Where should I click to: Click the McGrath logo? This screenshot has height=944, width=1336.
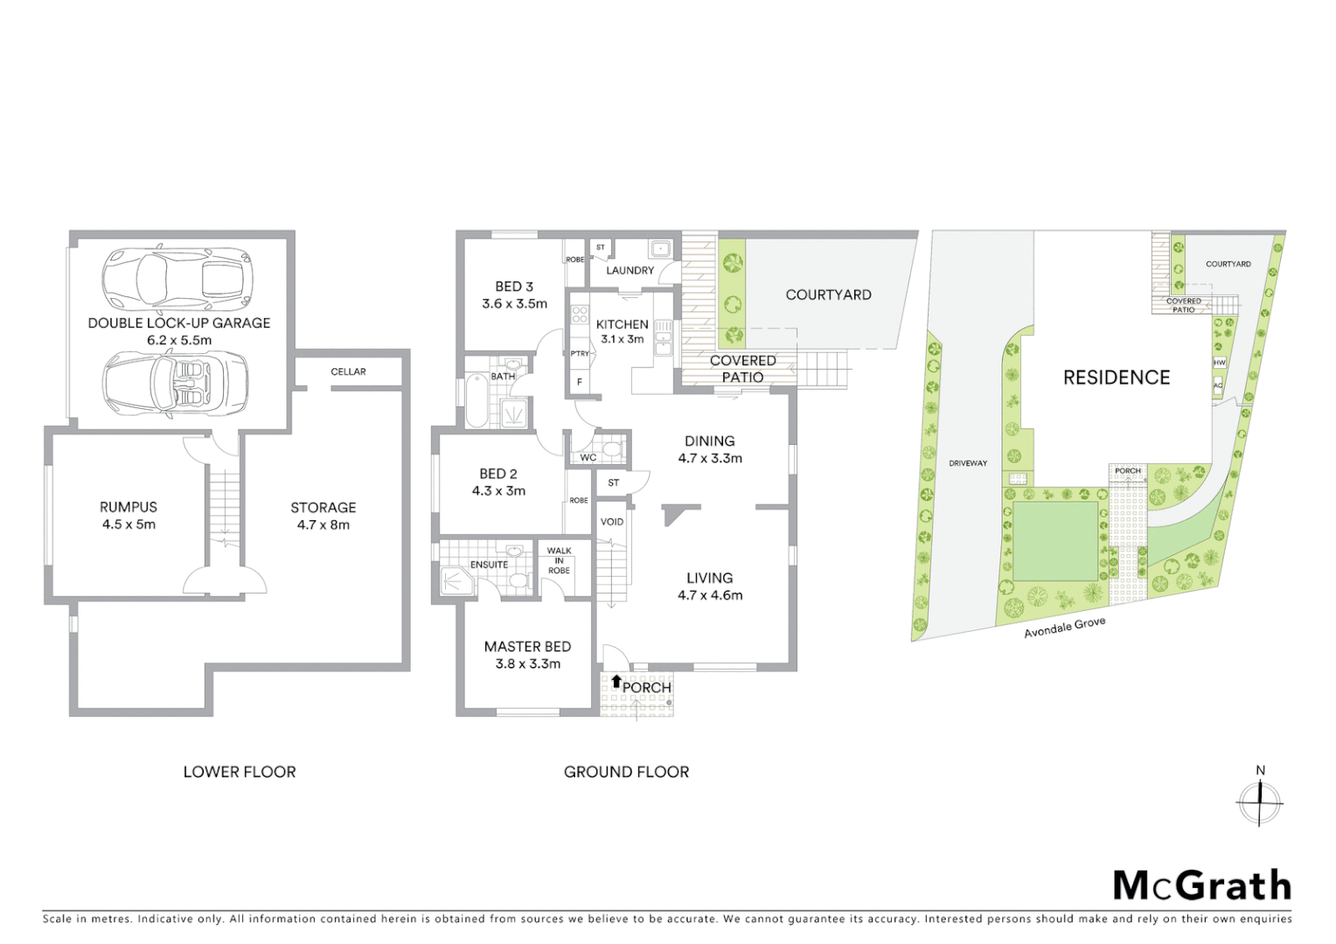[x=1201, y=885]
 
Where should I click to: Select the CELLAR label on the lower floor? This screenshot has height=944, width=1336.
[x=348, y=371]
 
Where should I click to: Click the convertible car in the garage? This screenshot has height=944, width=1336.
[x=175, y=382]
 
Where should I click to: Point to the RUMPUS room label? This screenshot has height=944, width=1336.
[x=128, y=507]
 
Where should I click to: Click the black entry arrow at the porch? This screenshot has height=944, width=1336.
[x=616, y=681]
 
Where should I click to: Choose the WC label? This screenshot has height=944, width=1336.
[x=588, y=457]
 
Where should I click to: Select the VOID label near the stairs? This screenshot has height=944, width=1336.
[x=612, y=522]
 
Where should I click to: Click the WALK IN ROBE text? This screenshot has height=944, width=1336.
[x=559, y=560]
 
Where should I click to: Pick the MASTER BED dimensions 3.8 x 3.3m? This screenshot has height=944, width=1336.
[x=527, y=663]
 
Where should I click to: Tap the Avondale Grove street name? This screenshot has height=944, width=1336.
[x=1065, y=627]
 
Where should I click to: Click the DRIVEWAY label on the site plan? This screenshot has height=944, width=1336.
[x=968, y=463]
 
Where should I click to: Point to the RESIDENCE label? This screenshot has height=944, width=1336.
[x=1116, y=378]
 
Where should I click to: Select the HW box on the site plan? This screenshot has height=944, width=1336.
[x=1219, y=363]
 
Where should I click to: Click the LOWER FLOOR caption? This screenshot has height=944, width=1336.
[x=240, y=772]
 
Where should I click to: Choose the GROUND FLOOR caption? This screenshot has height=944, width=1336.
[x=626, y=772]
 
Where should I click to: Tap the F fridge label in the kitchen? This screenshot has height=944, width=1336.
[x=579, y=382]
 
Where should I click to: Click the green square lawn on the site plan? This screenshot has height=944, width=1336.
[x=1054, y=540]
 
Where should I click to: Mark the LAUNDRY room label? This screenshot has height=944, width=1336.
[x=630, y=270]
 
